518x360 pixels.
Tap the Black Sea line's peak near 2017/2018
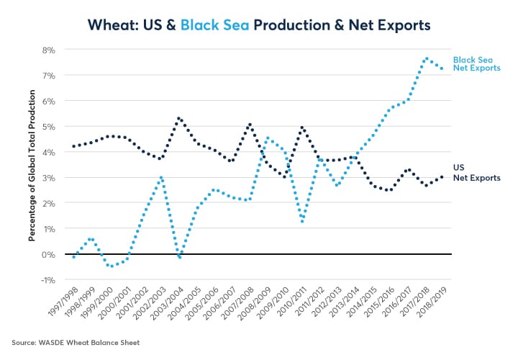427,58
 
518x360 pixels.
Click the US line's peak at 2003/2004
178,118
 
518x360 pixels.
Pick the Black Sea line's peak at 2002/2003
161,177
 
